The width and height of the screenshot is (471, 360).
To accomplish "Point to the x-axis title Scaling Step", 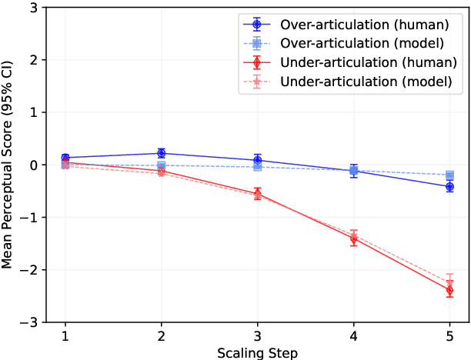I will (257, 352).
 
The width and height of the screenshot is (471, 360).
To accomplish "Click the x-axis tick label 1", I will (65, 336).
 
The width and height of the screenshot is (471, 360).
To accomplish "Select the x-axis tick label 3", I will (257, 336).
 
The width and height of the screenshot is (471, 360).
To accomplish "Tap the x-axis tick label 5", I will (449, 336).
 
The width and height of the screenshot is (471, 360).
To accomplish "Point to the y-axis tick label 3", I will (35, 7).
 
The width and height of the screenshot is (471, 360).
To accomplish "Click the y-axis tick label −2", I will (32, 270).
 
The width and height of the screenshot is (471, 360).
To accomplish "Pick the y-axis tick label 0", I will (35, 165).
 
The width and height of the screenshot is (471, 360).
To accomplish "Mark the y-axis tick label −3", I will (32, 322).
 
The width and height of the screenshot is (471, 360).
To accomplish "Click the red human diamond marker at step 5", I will (449, 290).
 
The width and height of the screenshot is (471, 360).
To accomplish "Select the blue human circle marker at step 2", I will (162, 153).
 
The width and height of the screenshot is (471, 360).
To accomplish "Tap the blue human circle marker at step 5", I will (449, 186).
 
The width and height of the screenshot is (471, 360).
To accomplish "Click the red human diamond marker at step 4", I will (353, 238).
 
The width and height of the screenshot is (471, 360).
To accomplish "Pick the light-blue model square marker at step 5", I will (449, 175).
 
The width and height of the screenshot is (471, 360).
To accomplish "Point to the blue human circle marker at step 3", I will (257, 160).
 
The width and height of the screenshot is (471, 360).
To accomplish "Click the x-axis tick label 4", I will (353, 336).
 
